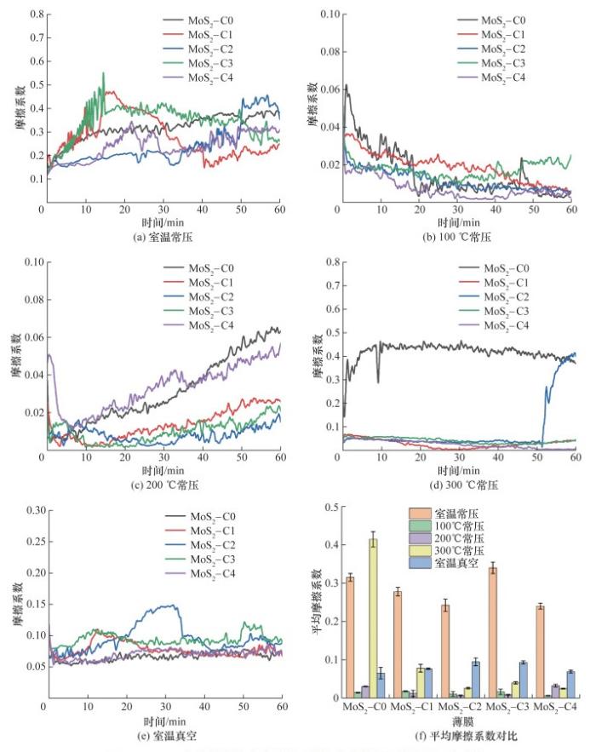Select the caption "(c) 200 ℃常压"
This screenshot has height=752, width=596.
(161, 484)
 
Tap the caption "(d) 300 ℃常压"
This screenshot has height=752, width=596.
(454, 484)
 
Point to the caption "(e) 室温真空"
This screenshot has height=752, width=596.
(161, 732)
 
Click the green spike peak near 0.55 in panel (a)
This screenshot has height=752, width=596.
(103, 73)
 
